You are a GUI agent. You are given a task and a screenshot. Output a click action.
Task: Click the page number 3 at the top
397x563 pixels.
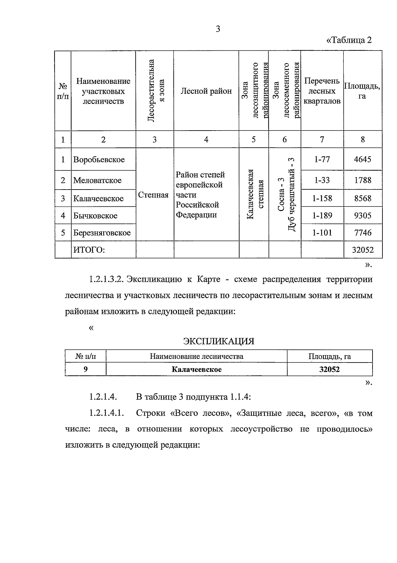tap(218, 29)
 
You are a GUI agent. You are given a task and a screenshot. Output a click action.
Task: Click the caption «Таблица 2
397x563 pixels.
tap(349, 40)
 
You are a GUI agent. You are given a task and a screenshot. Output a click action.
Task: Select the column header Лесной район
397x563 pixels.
tap(206, 91)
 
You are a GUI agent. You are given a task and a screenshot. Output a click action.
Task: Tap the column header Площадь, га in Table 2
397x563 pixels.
tap(362, 91)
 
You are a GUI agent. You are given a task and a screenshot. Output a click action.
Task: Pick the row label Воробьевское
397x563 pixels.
tap(99, 159)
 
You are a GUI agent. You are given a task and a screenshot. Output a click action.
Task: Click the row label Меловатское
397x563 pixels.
tap(97, 180)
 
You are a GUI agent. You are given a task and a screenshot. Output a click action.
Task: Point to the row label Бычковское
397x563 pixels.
tap(95, 216)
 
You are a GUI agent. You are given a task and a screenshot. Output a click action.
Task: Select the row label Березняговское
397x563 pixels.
tap(102, 233)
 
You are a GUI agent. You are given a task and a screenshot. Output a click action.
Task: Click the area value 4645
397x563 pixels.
tap(363, 159)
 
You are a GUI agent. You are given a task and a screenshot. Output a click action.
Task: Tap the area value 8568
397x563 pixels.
tap(363, 198)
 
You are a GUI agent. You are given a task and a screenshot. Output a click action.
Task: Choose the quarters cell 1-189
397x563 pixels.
tap(322, 215)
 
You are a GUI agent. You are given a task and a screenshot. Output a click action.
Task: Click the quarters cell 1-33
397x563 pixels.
tap(322, 180)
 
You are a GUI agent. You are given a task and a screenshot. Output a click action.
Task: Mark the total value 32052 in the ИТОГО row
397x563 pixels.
tap(363, 250)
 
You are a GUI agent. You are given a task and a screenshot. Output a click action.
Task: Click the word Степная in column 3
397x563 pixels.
tap(153, 195)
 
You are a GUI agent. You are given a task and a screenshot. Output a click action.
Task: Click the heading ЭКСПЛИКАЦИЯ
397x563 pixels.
tap(219, 341)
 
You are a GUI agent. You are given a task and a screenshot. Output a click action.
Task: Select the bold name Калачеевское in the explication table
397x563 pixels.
tap(197, 369)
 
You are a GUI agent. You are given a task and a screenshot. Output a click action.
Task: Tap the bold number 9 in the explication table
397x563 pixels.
tap(86, 369)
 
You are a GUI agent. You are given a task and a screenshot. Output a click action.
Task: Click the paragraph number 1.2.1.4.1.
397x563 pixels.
tap(106, 413)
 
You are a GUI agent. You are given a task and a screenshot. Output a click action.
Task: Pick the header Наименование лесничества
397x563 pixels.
tap(197, 357)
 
